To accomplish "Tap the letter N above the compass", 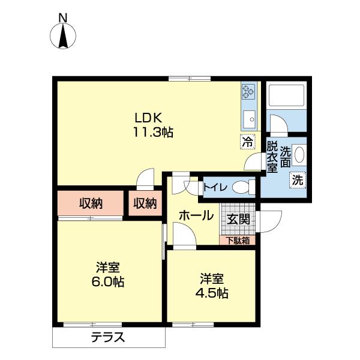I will (63, 18).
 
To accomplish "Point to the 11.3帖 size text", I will (153, 133).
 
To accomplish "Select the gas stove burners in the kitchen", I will (249, 91).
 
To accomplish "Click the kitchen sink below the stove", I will (249, 117).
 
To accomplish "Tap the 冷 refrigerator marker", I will (247, 142).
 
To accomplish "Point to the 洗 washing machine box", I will (297, 179).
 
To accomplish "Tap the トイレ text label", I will (214, 187).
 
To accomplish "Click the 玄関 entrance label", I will (238, 219).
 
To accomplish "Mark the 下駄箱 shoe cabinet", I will (238, 241).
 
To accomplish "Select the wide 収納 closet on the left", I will (90, 203).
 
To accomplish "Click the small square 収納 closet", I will (144, 203).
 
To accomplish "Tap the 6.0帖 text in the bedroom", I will (108, 281).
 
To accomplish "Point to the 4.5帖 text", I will (212, 293).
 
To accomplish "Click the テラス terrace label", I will (108, 337).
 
